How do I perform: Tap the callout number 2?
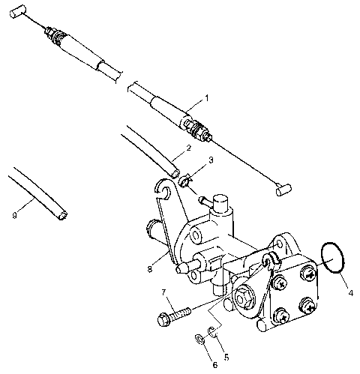coord(188,148)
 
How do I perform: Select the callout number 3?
coord(211,160)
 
